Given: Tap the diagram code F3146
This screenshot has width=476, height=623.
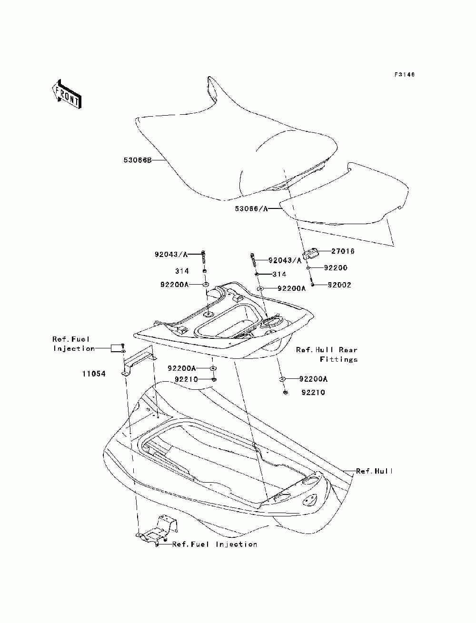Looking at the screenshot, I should tap(405, 75).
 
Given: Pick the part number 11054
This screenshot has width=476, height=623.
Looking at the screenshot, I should tap(93, 374).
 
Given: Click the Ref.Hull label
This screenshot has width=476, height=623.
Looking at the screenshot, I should tap(375, 471).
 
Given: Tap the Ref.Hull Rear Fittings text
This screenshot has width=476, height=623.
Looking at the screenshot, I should tap(327, 355).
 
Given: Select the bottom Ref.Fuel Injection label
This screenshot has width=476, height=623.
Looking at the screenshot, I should tap(215, 544).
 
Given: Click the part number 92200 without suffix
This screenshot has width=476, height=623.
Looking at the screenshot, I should tap(336, 268).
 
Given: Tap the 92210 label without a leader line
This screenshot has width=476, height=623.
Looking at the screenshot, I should tap(313, 393).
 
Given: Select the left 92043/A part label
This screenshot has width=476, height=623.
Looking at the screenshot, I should tap(171, 255).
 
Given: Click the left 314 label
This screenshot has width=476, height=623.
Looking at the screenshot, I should tap(182, 271).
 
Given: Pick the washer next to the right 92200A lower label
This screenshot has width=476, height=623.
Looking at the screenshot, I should tap(282, 379).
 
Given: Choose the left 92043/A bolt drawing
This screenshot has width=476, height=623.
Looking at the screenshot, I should tap(204, 258).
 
